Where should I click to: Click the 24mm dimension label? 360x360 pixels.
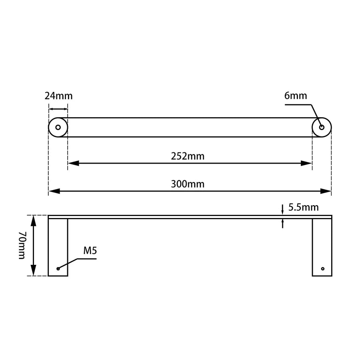(x=58, y=96)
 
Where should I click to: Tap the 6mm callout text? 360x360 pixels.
(x=296, y=96)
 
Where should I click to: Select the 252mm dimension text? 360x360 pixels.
(x=188, y=156)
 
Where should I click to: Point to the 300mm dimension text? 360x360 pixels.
(x=188, y=184)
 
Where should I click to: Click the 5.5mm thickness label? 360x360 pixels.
(x=303, y=207)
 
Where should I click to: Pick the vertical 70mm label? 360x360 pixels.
(x=22, y=245)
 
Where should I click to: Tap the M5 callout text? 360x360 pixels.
(x=90, y=251)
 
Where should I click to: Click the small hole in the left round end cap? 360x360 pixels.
(x=58, y=128)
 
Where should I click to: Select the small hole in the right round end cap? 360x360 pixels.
(x=322, y=128)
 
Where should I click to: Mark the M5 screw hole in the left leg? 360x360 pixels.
(x=58, y=268)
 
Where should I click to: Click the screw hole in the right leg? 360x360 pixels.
(x=322, y=268)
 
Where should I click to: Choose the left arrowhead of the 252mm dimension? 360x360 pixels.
(x=73, y=163)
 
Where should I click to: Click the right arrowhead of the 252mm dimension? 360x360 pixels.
(x=307, y=163)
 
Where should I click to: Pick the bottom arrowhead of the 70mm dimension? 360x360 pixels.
(x=34, y=271)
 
